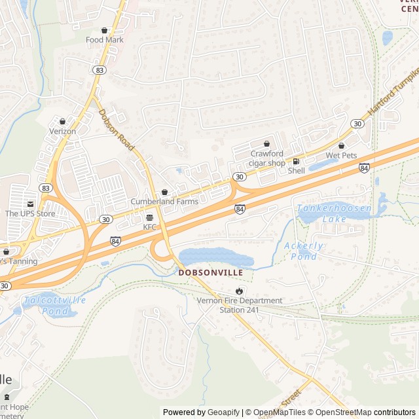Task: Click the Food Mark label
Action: click(x=105, y=39)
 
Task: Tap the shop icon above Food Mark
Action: click(x=105, y=30)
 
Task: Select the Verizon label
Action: click(x=63, y=131)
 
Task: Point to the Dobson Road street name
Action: click(x=117, y=130)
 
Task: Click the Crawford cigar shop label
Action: click(x=267, y=158)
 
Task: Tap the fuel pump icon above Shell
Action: click(x=296, y=161)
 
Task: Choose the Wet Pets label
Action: click(x=340, y=155)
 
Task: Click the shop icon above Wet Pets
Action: click(x=341, y=145)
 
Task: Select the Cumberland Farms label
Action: click(x=164, y=202)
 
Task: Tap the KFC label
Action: click(x=151, y=227)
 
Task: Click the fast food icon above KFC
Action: click(x=150, y=217)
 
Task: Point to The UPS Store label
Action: click(x=30, y=213)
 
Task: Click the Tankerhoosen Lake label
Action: click(x=334, y=213)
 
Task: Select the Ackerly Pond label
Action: click(x=304, y=251)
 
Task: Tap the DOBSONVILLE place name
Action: click(x=210, y=272)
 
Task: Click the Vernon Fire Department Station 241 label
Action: click(x=240, y=305)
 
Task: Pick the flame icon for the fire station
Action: click(x=239, y=291)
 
